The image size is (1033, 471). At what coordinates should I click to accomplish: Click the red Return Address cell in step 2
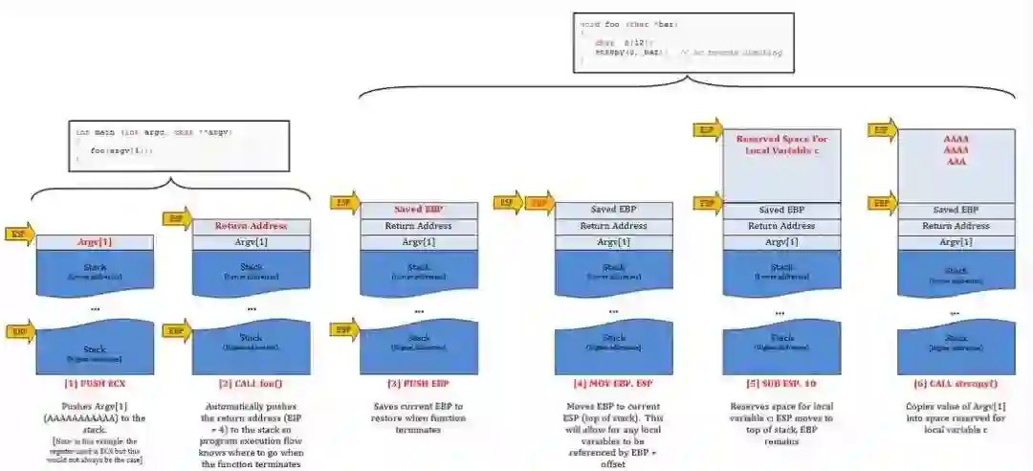tap(253, 227)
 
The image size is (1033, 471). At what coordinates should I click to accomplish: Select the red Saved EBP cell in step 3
tap(418, 210)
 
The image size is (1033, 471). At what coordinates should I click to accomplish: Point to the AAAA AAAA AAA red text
tap(956, 150)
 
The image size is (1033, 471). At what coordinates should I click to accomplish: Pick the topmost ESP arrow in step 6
tap(881, 129)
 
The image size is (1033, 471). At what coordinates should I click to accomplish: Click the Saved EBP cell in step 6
tap(956, 210)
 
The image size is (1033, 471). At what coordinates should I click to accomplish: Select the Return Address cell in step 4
tap(613, 226)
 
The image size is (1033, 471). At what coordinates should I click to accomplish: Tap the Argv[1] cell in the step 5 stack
tap(781, 242)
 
